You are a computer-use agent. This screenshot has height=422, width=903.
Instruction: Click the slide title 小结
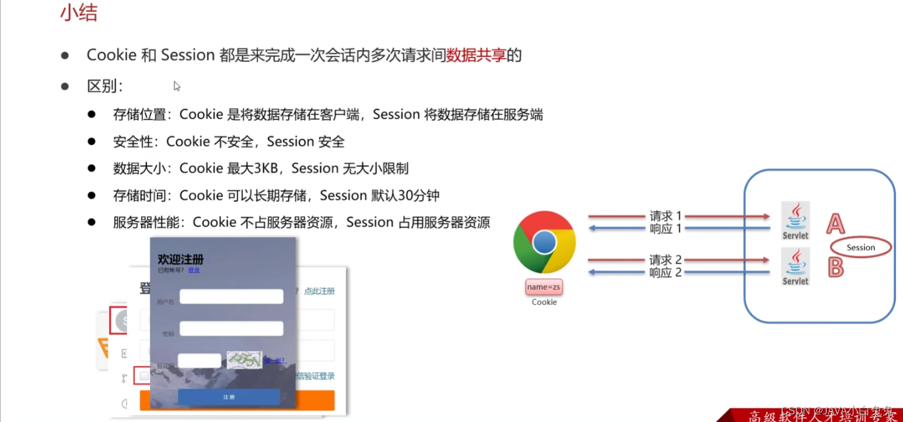78,13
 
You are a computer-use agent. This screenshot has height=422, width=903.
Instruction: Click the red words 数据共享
476,55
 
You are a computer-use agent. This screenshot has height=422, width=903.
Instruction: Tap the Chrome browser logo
544,242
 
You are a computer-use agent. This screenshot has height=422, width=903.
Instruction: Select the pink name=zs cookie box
544,287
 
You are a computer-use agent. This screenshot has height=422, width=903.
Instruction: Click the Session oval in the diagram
861,247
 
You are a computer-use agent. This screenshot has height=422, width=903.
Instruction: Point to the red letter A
835,224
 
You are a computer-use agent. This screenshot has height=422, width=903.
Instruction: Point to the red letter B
836,267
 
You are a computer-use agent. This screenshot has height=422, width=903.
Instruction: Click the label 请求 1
665,217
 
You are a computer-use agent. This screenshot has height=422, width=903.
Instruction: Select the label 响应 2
665,273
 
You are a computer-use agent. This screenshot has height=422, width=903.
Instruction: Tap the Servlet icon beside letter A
795,221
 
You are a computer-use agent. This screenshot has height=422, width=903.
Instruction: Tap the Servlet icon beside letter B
795,266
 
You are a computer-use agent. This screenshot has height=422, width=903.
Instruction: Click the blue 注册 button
229,397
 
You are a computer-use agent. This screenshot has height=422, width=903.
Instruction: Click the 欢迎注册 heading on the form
180,260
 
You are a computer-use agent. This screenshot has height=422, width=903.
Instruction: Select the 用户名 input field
231,297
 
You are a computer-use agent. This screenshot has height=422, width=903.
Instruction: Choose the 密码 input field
231,329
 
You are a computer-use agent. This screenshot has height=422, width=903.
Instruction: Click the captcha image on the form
244,360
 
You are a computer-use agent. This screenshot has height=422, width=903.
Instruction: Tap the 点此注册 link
319,291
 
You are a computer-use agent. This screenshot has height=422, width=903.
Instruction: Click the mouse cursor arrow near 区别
177,86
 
